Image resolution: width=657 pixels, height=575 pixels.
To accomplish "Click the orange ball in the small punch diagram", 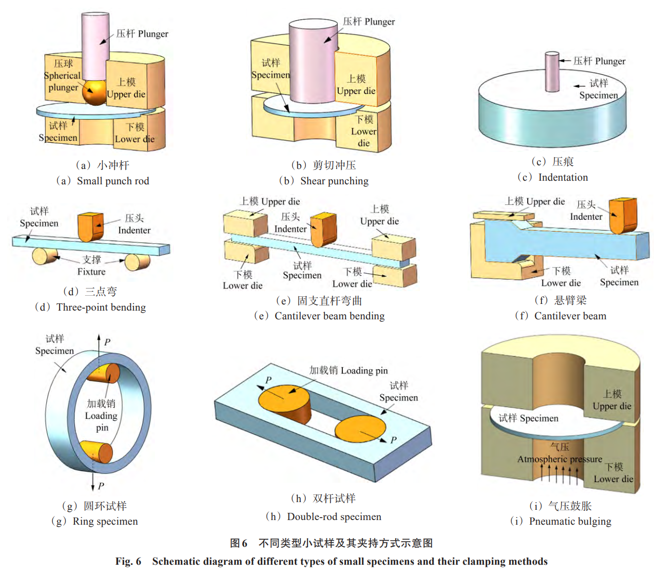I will coord(95,92).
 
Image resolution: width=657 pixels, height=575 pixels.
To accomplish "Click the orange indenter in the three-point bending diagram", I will coord(90,226).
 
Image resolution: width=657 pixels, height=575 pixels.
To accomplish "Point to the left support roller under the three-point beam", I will coord(45,255).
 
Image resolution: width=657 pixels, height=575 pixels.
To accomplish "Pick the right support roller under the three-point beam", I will coord(137,261).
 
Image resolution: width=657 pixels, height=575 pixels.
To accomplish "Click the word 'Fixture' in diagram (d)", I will coord(91,272).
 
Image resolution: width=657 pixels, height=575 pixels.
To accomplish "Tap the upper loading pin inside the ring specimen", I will coord(103,373).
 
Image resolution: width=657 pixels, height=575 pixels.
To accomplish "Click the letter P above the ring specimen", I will coord(107,342).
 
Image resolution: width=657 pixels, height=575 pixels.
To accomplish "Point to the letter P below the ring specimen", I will coord(101,486).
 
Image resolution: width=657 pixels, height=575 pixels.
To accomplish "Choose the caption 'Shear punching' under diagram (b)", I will coord(334,181).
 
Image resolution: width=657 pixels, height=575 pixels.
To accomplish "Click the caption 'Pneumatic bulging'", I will coord(570,521).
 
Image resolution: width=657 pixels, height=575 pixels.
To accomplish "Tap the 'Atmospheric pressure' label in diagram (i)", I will coord(559,459).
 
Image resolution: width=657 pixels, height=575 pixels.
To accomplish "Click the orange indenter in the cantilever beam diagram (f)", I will coord(623,216).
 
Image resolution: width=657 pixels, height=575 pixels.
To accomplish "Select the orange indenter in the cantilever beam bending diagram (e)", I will coord(323,229).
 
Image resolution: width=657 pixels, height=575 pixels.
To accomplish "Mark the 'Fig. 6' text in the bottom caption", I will coord(128,561).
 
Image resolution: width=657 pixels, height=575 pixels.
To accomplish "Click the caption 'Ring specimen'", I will coord(105,521).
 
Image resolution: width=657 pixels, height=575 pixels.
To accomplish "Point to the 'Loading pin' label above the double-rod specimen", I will coord(364,370).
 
